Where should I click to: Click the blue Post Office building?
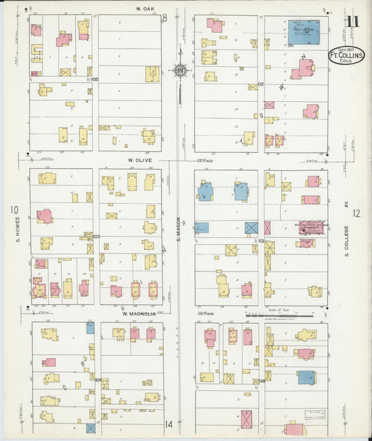[305, 32]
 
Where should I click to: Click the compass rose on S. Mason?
[179, 70]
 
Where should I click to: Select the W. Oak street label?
[144, 9]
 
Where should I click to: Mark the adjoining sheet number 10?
[13, 209]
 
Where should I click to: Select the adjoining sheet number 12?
[357, 214]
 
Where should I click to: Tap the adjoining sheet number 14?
[168, 424]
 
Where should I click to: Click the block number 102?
[95, 80]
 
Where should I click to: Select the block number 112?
[260, 84]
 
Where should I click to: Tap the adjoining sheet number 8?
[165, 18]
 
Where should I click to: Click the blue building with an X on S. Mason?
[251, 227]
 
